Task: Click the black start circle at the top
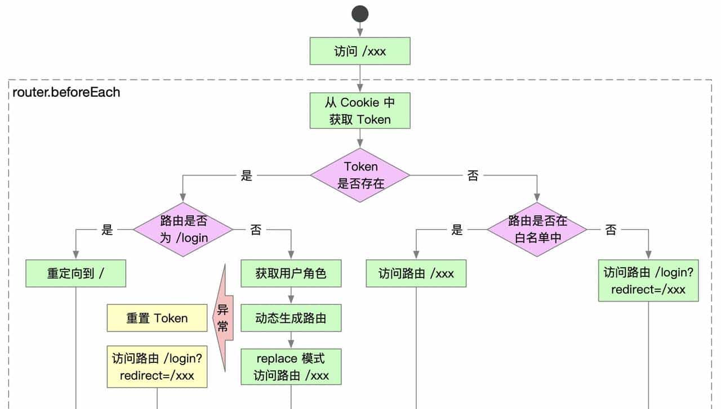pos(360,14)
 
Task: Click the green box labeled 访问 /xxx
pos(360,51)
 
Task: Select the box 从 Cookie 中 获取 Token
pos(360,111)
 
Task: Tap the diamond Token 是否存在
pos(360,175)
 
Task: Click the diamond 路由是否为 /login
pos(183,230)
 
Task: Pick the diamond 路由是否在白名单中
pos(537,230)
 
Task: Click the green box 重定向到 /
pos(75,274)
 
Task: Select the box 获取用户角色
pos(291,274)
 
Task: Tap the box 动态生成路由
pos(291,318)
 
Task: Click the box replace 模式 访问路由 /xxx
pos(291,367)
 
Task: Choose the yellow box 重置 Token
pos(157,318)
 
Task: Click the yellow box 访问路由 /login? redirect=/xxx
pos(157,367)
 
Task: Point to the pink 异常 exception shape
pos(222,318)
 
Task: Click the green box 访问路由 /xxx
pos(416,274)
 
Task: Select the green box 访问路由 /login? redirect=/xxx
pos(648,281)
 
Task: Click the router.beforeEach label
pos(66,92)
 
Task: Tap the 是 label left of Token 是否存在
pos(247,176)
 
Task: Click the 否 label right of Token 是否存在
pos(473,176)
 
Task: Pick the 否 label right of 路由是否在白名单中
pos(611,230)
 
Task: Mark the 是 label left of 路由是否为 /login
pos(107,230)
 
